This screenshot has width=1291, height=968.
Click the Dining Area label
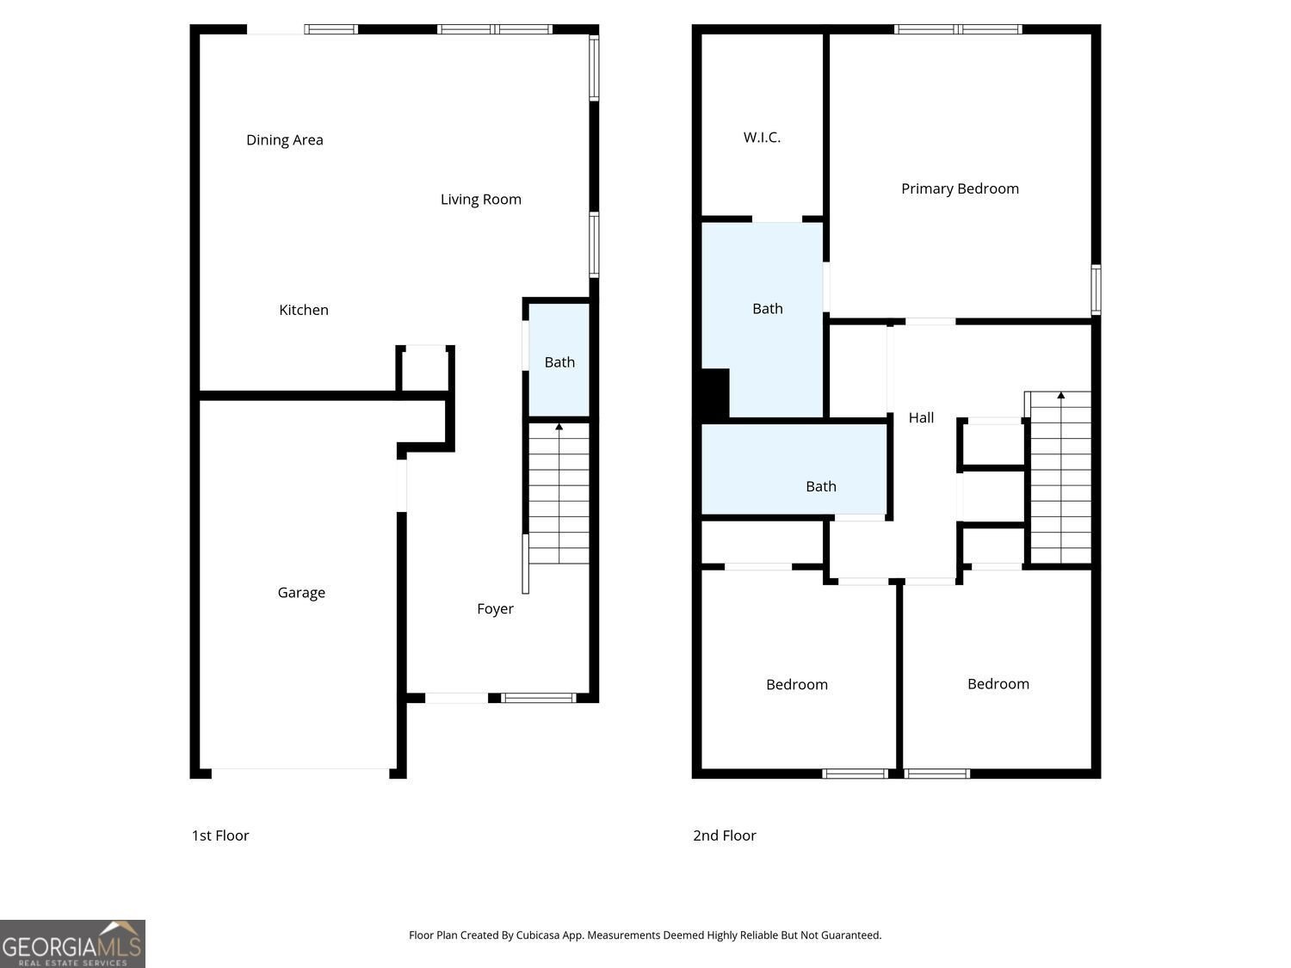(285, 140)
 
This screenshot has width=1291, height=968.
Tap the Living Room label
(481, 200)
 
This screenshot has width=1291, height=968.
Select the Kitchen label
(304, 310)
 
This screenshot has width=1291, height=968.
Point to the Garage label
(301, 593)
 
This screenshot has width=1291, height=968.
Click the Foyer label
(495, 609)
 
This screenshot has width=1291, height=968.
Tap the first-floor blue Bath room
(559, 360)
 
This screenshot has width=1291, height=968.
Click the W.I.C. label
(763, 138)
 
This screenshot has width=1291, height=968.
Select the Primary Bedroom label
(960, 188)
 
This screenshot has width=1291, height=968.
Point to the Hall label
(921, 418)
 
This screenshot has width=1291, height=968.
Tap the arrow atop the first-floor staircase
(559, 428)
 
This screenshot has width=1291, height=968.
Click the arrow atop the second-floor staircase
(1061, 396)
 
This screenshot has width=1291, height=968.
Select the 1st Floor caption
(220, 835)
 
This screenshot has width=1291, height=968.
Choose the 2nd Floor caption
(725, 835)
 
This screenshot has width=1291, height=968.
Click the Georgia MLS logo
(72, 944)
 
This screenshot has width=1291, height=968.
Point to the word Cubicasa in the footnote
(538, 935)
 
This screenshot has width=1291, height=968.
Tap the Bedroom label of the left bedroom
(797, 685)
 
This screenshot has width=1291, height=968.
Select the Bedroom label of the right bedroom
(998, 684)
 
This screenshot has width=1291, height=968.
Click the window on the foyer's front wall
(538, 698)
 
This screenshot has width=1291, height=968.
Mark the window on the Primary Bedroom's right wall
(1096, 290)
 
